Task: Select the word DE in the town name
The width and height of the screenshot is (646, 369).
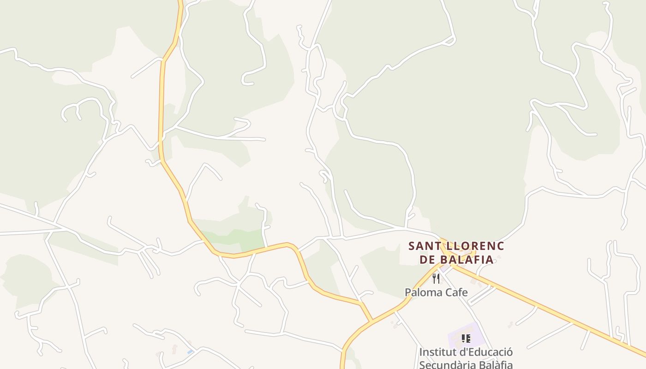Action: [x=427, y=260]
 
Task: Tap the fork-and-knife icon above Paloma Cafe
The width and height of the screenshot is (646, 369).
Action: [x=436, y=278]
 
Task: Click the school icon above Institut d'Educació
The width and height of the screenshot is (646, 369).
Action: [x=466, y=339]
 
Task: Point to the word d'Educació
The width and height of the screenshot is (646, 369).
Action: [x=486, y=352]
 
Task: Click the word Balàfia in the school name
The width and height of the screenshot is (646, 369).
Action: [x=495, y=364]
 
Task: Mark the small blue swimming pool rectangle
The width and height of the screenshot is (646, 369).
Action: [x=190, y=352]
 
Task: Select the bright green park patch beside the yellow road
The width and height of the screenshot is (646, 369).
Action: [x=245, y=239]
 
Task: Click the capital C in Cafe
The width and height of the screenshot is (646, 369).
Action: [x=445, y=292]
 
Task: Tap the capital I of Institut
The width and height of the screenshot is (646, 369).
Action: [x=421, y=352]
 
